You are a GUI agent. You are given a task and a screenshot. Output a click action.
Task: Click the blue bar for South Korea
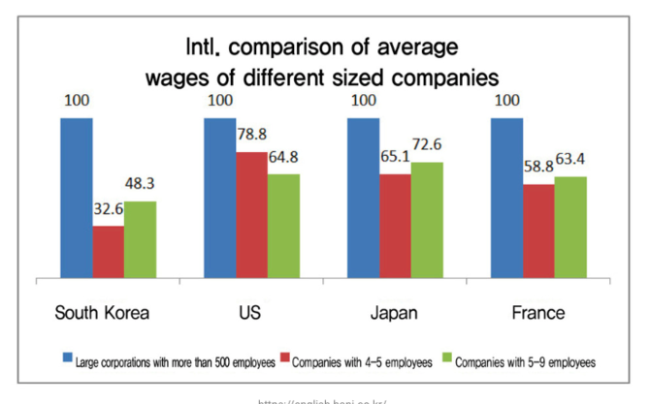[76, 198]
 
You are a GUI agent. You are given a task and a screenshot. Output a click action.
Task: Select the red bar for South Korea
[108, 252]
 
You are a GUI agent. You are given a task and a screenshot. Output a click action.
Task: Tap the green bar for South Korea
[140, 239]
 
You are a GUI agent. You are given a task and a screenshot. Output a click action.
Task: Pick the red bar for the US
[251, 215]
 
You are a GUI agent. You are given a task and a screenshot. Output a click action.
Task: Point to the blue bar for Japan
[363, 198]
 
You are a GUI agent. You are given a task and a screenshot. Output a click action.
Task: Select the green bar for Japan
[427, 220]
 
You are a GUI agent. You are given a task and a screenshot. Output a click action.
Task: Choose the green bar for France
[570, 227]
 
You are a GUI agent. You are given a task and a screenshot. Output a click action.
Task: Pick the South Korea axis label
[103, 313]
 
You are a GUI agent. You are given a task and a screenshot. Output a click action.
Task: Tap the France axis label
[537, 313]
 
